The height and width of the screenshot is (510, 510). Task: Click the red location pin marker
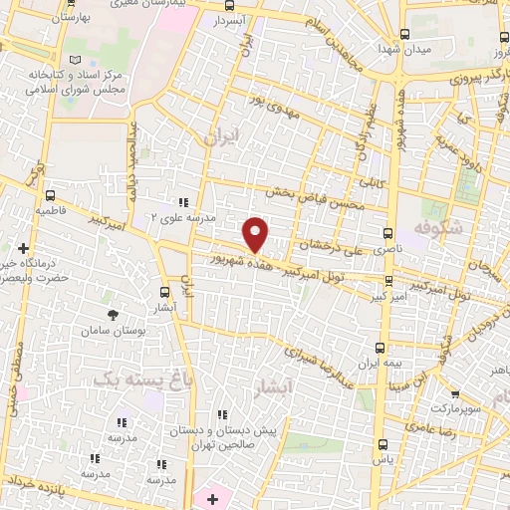coord(257,234)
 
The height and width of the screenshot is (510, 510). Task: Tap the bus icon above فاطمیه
coord(50,196)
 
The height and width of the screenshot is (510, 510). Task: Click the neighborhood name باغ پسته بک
coord(127,379)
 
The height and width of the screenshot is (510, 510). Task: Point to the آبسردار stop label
coord(230,20)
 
